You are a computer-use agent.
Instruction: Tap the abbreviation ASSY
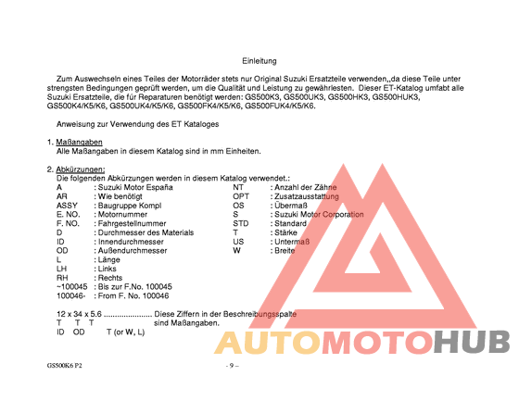pyautogui.click(x=67, y=206)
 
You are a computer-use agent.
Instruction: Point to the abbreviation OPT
pyautogui.click(x=241, y=196)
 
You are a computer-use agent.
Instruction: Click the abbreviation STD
pyautogui.click(x=241, y=223)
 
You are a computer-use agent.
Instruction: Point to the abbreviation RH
pyautogui.click(x=62, y=277)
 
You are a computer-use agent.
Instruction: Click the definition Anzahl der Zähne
pyautogui.click(x=307, y=187)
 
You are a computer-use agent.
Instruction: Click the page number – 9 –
pyautogui.click(x=233, y=366)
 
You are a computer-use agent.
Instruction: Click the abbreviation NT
pyautogui.click(x=238, y=187)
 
